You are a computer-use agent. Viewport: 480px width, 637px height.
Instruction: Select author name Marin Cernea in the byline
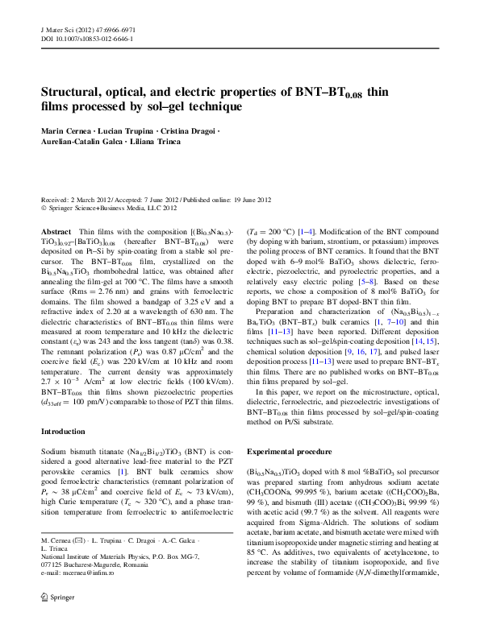67,130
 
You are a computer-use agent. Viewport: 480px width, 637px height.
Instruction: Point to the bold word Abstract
56,231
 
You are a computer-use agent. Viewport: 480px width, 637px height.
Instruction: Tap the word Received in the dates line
57,200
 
